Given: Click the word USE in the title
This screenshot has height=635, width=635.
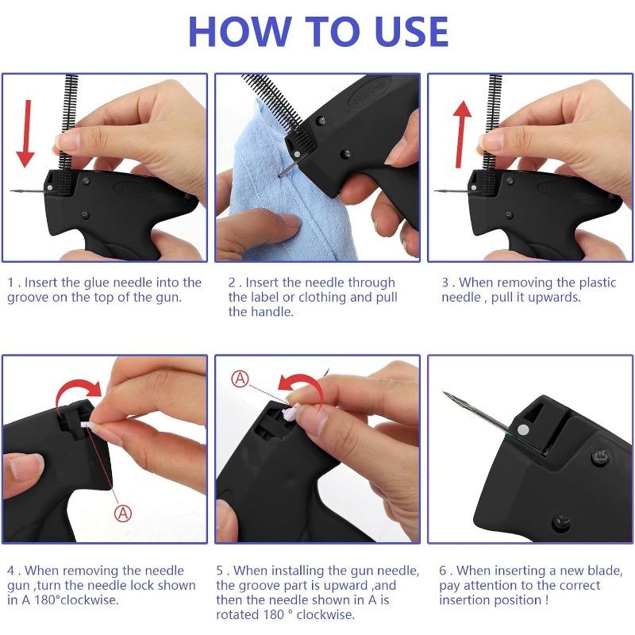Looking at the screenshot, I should pyautogui.click(x=405, y=30).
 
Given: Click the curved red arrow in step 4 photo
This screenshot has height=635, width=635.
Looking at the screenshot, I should pyautogui.click(x=79, y=388).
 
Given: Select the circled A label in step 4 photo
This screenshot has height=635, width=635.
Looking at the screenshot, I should pyautogui.click(x=124, y=513).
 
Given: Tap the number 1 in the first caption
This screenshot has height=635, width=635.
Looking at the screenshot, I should pyautogui.click(x=11, y=283).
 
